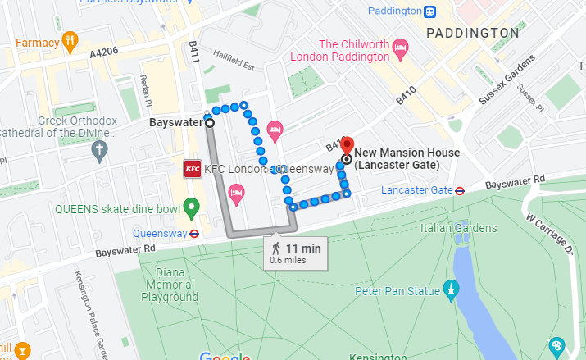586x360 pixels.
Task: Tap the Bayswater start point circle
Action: tap(209, 123)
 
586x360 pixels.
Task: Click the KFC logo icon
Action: tap(193, 169)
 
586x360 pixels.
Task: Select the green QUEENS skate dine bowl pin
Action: tap(191, 207)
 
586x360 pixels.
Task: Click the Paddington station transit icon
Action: tap(429, 11)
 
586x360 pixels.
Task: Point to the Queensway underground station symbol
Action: tap(193, 232)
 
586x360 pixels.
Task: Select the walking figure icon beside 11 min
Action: tap(276, 248)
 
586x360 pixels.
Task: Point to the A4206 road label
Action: tap(104, 51)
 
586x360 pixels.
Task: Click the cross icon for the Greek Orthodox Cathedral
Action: tap(99, 150)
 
